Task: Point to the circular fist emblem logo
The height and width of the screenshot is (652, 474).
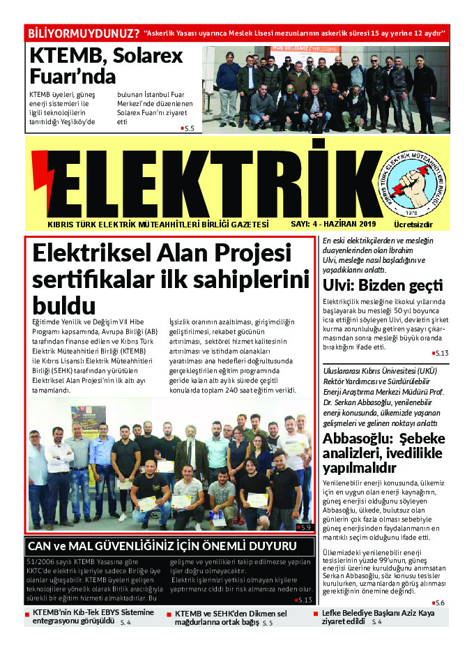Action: (x=417, y=182)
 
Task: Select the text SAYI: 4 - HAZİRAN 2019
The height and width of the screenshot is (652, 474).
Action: (x=333, y=224)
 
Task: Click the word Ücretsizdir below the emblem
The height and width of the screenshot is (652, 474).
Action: (x=413, y=225)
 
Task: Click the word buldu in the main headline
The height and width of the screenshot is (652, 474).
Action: (x=64, y=305)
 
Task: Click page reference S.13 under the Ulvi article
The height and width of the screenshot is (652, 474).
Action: (x=443, y=354)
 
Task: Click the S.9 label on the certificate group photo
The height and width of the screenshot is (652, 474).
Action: (x=303, y=527)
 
